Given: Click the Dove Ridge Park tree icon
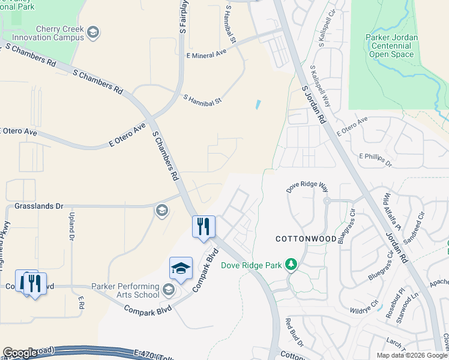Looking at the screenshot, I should point(291,265).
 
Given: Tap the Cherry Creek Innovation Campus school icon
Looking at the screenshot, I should point(92,31).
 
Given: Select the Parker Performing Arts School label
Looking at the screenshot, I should point(125,290).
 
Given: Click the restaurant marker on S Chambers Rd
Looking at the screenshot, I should point(203,227).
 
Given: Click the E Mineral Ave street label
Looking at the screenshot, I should point(206,53).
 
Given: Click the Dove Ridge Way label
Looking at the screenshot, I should point(307,188).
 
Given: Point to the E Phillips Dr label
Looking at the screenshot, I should point(375,160).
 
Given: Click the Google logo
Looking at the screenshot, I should point(20,353).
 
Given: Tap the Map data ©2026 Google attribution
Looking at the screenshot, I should point(411,355).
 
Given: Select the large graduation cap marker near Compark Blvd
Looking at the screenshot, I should point(180,269).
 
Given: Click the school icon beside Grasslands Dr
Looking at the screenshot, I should point(161,210).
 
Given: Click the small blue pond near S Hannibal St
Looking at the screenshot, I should point(258,104).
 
